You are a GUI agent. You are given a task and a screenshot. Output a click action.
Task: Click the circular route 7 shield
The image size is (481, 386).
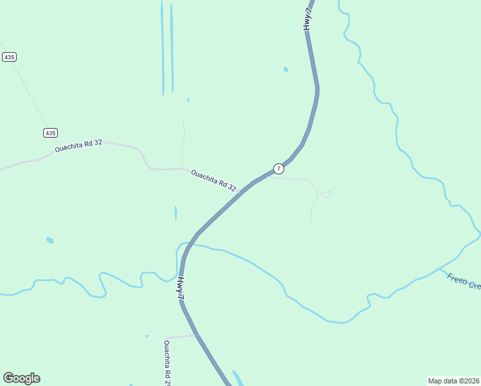[x=278, y=169]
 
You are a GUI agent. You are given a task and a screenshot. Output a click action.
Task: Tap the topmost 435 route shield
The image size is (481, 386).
[x=9, y=57]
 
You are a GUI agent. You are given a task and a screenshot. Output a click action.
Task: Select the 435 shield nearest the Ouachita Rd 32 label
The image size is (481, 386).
[x=51, y=133]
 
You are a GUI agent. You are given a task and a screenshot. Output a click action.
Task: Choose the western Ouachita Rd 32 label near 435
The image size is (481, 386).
[x=78, y=146]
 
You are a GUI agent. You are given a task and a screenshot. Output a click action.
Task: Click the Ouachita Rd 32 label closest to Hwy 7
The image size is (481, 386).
[x=213, y=180]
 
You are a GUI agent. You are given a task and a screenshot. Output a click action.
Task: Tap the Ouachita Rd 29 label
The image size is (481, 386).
[x=167, y=362]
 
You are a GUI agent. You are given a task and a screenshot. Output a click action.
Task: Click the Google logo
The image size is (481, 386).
[x=21, y=378]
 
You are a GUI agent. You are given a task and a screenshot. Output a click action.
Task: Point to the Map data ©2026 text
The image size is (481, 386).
[x=453, y=381]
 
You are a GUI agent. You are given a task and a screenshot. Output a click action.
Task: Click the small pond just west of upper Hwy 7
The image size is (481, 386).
[x=286, y=69]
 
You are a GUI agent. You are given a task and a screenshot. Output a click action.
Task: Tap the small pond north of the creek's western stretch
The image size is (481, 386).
[x=50, y=240]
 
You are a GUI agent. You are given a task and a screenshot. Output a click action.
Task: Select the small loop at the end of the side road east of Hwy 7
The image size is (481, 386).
[x=325, y=194]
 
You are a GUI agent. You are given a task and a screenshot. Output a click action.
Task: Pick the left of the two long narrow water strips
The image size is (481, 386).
[x=162, y=48]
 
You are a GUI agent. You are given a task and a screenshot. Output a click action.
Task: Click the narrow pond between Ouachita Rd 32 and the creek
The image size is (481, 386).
[x=176, y=213]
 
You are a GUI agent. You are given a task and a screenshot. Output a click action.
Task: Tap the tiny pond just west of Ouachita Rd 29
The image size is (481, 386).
[x=147, y=336]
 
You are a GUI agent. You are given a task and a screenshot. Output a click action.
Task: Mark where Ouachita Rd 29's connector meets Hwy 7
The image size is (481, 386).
[x=195, y=335]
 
